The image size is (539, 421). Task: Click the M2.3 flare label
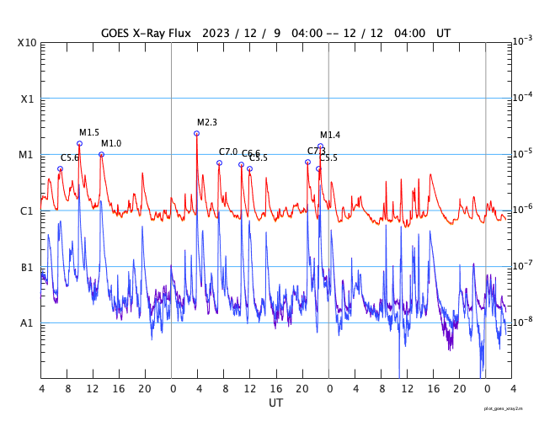point(207,122)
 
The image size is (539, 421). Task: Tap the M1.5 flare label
point(89,132)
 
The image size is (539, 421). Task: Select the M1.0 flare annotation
point(111,143)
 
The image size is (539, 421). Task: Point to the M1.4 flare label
point(330,135)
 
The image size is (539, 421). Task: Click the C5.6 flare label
point(70,157)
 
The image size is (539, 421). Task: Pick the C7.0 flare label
point(228,152)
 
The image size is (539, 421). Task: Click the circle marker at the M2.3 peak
point(197,133)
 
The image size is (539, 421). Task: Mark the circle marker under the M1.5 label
point(80,143)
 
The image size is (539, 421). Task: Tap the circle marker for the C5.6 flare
point(60,168)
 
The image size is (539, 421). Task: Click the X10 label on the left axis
point(27,42)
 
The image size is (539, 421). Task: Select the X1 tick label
point(28,99)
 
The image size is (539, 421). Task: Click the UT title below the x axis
point(276,403)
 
